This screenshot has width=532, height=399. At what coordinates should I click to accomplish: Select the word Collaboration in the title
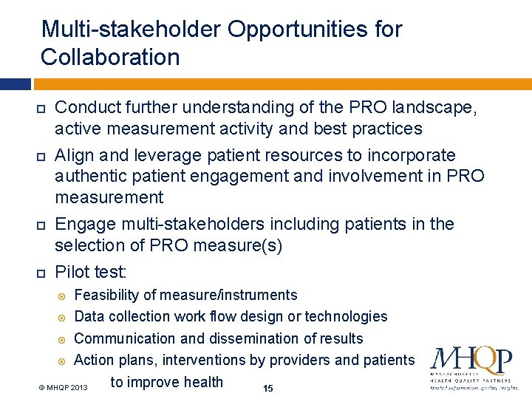point(110,57)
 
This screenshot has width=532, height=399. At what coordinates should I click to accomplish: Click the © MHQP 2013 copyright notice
point(63,388)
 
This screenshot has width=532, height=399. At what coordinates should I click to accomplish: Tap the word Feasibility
point(106,296)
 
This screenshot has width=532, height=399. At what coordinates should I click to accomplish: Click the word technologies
point(347,317)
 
